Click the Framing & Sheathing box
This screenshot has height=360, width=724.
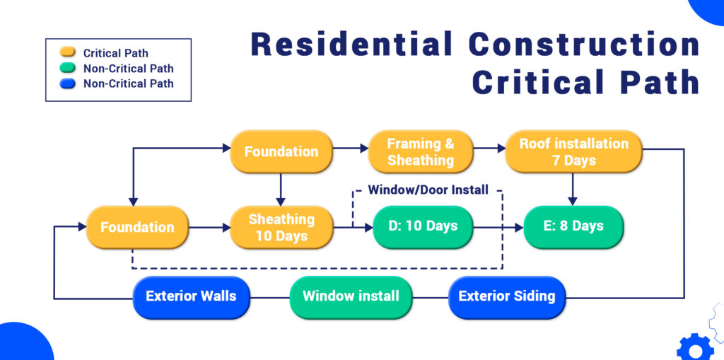click(x=420, y=151)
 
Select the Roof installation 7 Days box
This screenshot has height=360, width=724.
click(x=573, y=151)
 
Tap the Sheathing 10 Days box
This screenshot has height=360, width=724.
click(x=281, y=227)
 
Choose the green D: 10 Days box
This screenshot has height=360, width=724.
click(x=422, y=226)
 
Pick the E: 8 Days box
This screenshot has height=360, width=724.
click(x=573, y=226)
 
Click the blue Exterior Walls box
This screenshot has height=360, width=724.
click(x=191, y=296)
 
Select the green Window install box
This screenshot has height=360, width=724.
click(x=351, y=296)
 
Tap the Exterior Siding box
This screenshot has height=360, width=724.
click(x=507, y=296)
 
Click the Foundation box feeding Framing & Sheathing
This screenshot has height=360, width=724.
click(x=281, y=151)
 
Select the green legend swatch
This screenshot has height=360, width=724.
click(x=68, y=69)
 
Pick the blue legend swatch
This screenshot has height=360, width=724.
click(x=68, y=83)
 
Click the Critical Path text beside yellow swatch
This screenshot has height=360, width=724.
click(x=116, y=54)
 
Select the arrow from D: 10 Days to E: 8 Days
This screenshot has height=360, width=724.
click(x=498, y=227)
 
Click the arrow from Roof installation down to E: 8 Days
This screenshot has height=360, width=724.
click(x=573, y=189)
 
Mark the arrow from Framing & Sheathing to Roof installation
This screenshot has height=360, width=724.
click(x=489, y=149)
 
